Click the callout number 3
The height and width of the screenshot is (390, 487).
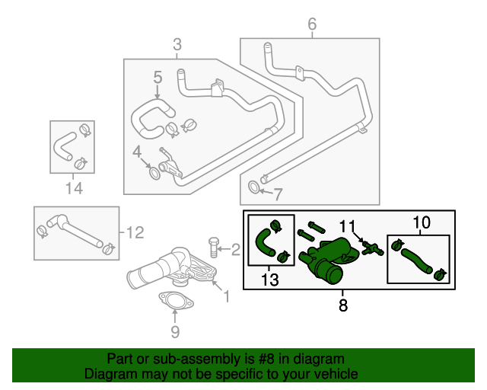click(177, 45)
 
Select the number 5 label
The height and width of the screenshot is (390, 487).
click(158, 77)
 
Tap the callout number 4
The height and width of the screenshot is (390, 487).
click(137, 152)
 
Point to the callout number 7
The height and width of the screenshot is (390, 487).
click(278, 193)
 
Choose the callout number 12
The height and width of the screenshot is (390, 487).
click(135, 232)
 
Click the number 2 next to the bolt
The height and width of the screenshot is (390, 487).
click(235, 248)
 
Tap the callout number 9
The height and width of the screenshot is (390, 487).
click(175, 331)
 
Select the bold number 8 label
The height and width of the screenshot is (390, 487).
click(342, 307)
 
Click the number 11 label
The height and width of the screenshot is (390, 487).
click(347, 225)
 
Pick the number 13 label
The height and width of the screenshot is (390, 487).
click(270, 280)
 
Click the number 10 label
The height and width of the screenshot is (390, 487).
click(421, 222)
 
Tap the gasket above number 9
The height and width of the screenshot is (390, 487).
click(175, 302)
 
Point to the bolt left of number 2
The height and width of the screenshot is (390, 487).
click(214, 248)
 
